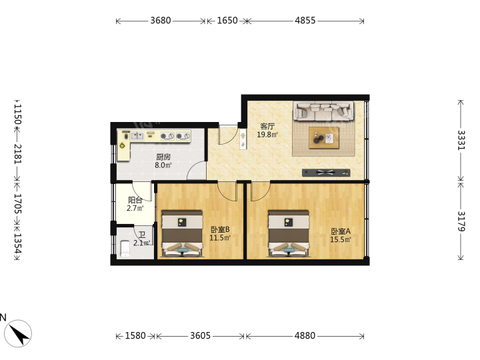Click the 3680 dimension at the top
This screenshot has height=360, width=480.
161,21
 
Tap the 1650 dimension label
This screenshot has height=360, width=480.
227,21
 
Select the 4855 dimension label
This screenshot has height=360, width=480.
305,21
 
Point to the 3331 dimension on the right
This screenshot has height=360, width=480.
461,140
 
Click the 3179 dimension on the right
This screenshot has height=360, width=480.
461,221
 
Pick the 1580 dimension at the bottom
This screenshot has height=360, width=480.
135,336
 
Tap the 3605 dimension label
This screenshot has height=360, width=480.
200,336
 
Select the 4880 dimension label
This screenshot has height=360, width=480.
305,336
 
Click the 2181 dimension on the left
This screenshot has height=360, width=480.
18,154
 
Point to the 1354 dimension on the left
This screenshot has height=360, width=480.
18,243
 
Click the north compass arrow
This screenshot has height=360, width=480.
19,334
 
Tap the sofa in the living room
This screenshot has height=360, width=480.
323,111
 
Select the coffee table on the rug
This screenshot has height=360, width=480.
324,138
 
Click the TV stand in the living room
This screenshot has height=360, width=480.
326,173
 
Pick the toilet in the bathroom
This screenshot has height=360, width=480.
125,249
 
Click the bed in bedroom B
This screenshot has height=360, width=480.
183,233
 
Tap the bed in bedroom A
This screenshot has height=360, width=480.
289,233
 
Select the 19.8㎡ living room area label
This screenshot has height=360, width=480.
267,135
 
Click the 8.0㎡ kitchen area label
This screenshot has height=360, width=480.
163,165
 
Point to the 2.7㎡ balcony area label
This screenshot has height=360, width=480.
135,209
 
